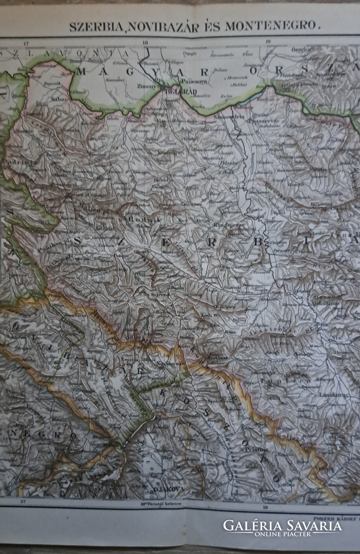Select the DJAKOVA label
(x=165, y=489)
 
